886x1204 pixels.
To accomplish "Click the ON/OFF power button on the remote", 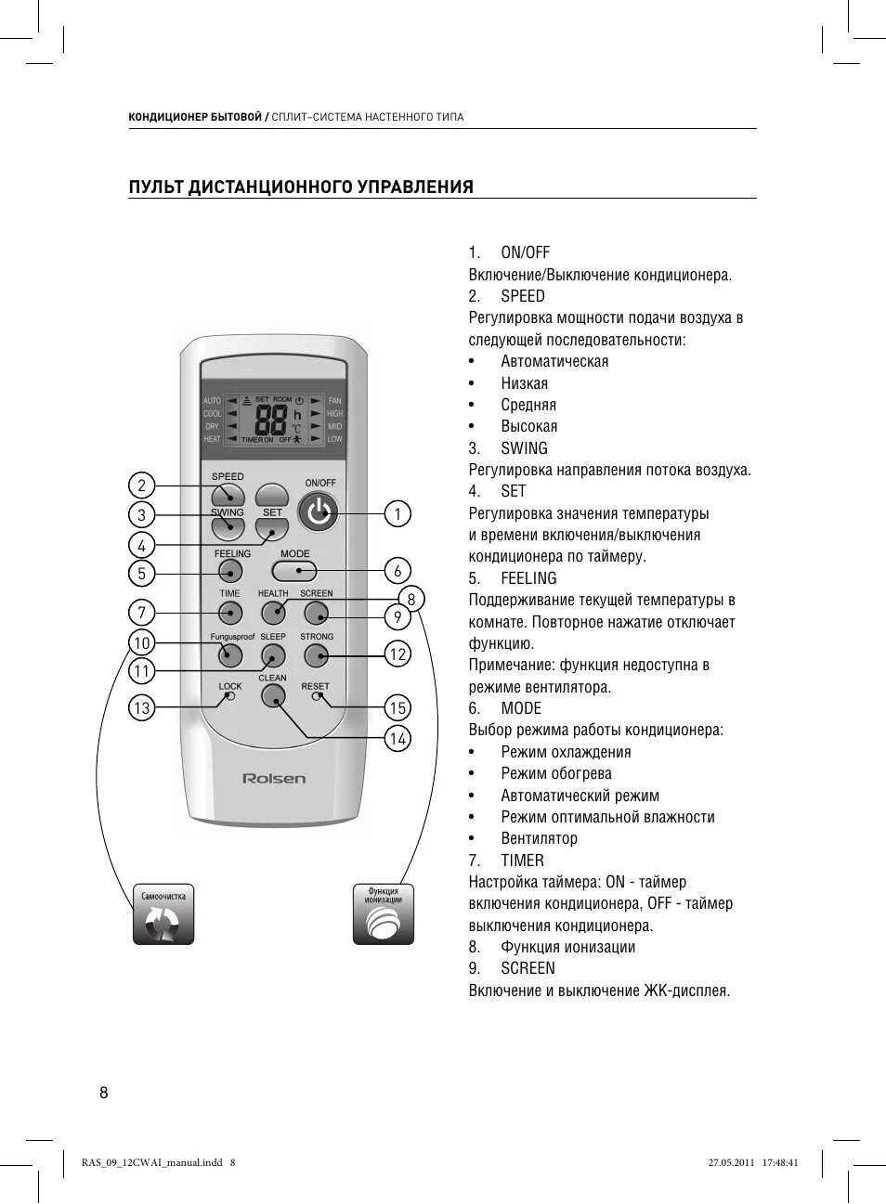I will (x=319, y=511).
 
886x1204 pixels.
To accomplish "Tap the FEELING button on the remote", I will (x=230, y=571).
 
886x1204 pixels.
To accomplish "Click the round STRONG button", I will (x=317, y=655).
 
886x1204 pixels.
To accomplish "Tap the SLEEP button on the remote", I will (x=273, y=655).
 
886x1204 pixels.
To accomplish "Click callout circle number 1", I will (x=397, y=513).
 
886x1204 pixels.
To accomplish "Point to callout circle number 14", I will (x=398, y=739).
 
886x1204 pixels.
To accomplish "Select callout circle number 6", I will (x=397, y=571).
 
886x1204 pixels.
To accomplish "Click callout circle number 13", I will (x=141, y=708).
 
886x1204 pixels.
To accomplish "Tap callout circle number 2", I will (x=141, y=485).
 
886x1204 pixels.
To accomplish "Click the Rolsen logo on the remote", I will (x=274, y=778).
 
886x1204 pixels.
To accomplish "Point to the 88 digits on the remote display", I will (x=269, y=421).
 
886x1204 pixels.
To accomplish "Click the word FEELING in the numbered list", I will (x=528, y=578).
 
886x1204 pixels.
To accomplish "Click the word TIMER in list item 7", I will (x=522, y=861).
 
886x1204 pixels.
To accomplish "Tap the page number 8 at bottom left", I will (x=104, y=1093).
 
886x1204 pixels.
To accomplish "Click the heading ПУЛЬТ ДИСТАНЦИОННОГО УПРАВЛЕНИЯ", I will (x=301, y=187).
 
